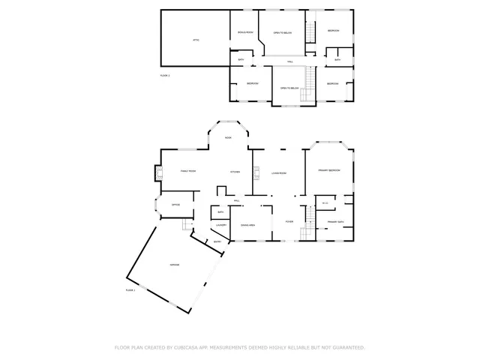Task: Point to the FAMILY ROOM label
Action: click(x=188, y=171)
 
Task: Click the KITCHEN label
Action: click(x=235, y=172)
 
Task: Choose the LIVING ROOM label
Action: click(x=279, y=173)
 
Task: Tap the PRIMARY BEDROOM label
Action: click(x=329, y=170)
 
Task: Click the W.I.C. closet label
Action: click(x=325, y=202)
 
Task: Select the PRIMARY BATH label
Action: click(x=335, y=222)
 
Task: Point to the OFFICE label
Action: click(x=175, y=204)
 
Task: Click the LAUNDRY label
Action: click(x=221, y=225)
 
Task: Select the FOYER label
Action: click(x=288, y=222)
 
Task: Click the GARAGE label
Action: click(x=174, y=265)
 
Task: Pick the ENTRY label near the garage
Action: click(x=217, y=241)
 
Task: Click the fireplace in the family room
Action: click(x=158, y=172)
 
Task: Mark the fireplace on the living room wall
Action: click(x=254, y=173)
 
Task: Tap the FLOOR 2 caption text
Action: click(x=165, y=76)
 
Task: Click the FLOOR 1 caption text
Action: click(x=130, y=289)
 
